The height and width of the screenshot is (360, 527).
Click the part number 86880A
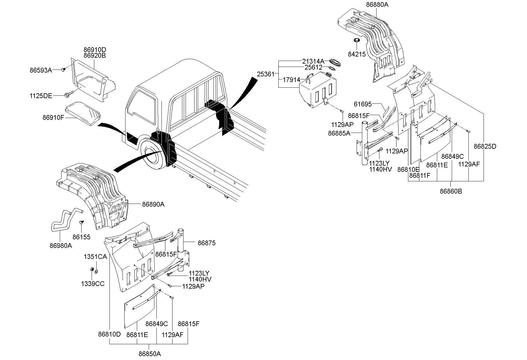tap(377, 5)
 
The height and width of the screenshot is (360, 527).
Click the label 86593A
tap(41, 70)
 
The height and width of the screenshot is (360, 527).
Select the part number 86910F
tap(53, 118)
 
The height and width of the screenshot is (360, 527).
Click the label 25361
tap(266, 74)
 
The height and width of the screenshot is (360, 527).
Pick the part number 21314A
tap(313, 61)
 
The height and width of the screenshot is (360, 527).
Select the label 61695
tap(363, 104)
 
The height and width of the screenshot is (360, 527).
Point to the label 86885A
tap(339, 133)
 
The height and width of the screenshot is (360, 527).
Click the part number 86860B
tap(451, 191)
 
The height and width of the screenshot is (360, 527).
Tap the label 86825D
tap(485, 146)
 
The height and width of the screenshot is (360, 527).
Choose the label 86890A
tap(153, 204)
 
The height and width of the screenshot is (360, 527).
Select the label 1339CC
tap(93, 284)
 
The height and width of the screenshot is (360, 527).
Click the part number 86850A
tap(150, 354)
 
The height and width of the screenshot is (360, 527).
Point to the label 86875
tap(206, 243)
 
